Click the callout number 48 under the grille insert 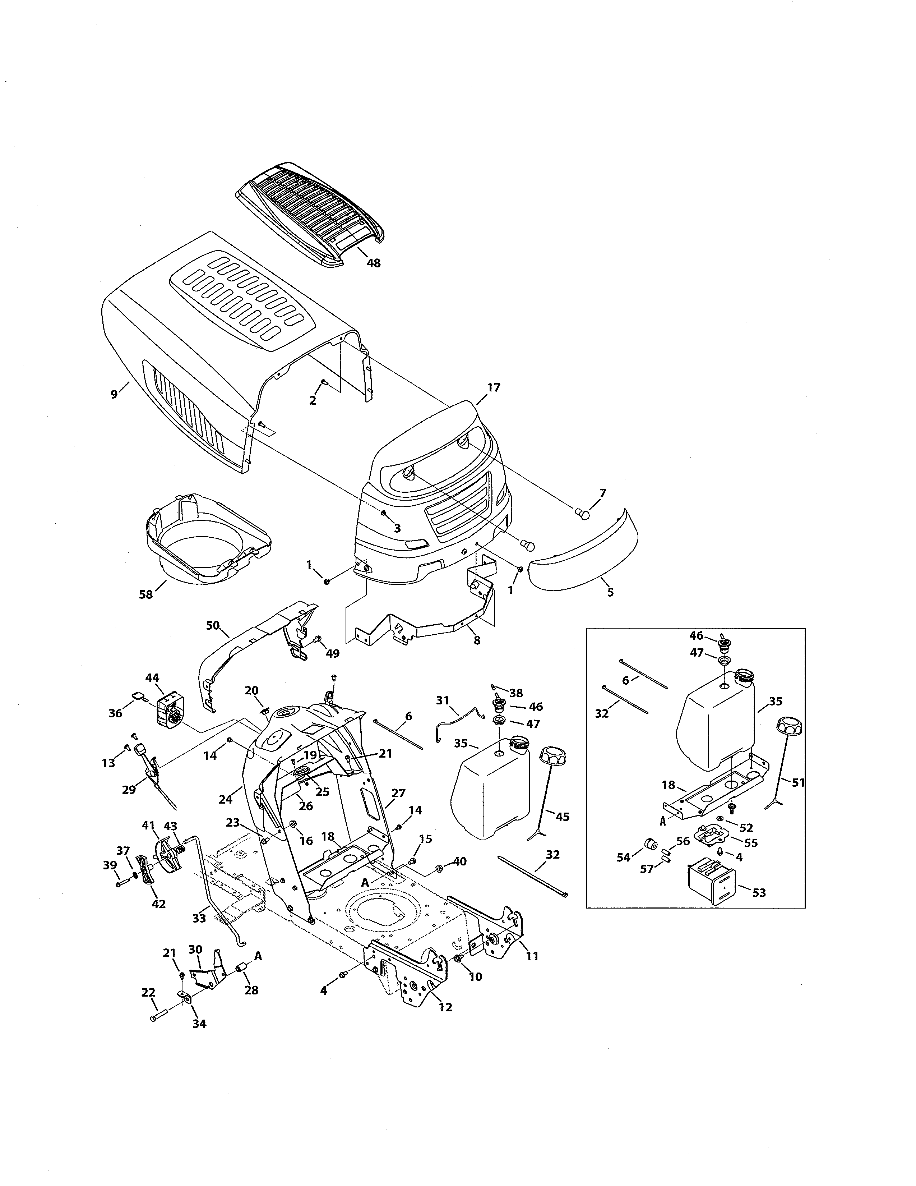pos(373,263)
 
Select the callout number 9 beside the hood pos(114,394)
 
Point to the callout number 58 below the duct pos(146,595)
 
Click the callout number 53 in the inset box pos(759,893)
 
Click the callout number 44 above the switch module pos(152,678)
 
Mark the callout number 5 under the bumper pos(610,592)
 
